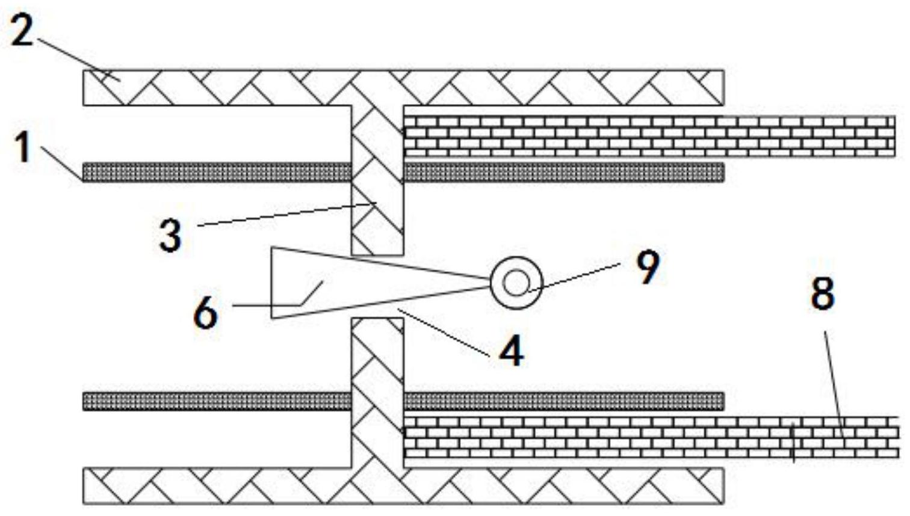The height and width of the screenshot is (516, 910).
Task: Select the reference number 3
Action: (170, 235)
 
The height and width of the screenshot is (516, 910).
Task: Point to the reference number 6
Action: (206, 313)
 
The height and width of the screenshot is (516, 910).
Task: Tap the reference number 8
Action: (822, 293)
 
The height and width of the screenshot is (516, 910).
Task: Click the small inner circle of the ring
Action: (516, 283)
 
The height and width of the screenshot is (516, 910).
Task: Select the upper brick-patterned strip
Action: (649, 137)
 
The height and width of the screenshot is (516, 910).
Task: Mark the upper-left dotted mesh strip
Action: (217, 173)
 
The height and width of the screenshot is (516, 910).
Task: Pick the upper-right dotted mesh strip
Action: (564, 173)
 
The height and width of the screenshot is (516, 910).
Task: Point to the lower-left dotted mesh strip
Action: (217, 402)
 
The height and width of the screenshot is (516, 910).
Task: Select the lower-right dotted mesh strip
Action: (564, 402)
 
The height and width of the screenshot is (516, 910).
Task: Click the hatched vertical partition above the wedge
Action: (377, 180)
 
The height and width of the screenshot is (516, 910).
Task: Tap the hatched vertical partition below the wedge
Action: (377, 393)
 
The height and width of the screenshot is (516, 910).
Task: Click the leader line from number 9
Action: (574, 277)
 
